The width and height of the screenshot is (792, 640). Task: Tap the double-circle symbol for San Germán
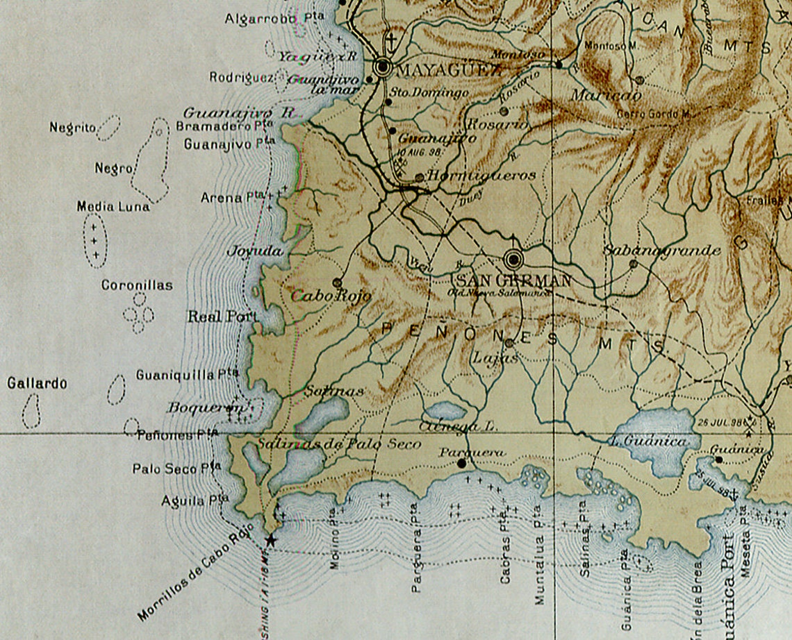(513, 260)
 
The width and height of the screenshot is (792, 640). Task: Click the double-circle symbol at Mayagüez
(381, 67)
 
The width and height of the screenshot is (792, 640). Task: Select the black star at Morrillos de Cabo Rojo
(270, 540)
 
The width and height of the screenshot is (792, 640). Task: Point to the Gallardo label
(37, 383)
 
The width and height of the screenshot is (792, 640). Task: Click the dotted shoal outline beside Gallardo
(31, 410)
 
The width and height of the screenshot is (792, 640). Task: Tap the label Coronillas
(137, 285)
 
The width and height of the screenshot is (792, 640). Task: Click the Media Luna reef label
(113, 207)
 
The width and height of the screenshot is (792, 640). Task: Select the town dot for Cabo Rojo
(337, 283)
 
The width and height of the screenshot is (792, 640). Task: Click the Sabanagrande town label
(661, 251)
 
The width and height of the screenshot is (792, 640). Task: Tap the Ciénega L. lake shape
(445, 411)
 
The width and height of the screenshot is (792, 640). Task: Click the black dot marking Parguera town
(462, 463)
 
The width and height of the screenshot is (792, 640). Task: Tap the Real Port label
(222, 317)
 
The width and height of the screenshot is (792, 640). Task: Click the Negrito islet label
(72, 128)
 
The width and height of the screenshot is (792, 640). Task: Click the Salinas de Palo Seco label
(338, 444)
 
